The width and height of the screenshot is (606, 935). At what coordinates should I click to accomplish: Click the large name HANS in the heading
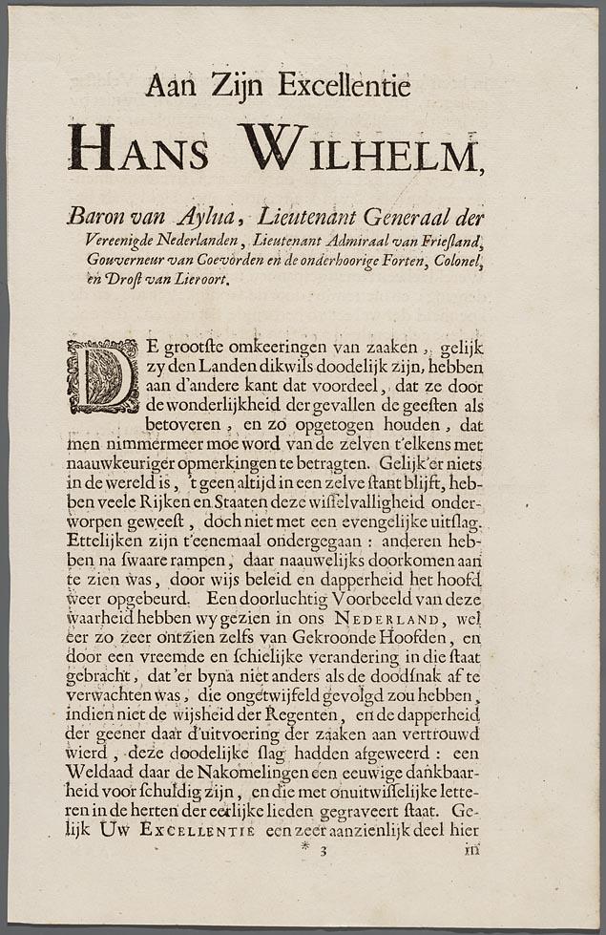[x=138, y=148]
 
